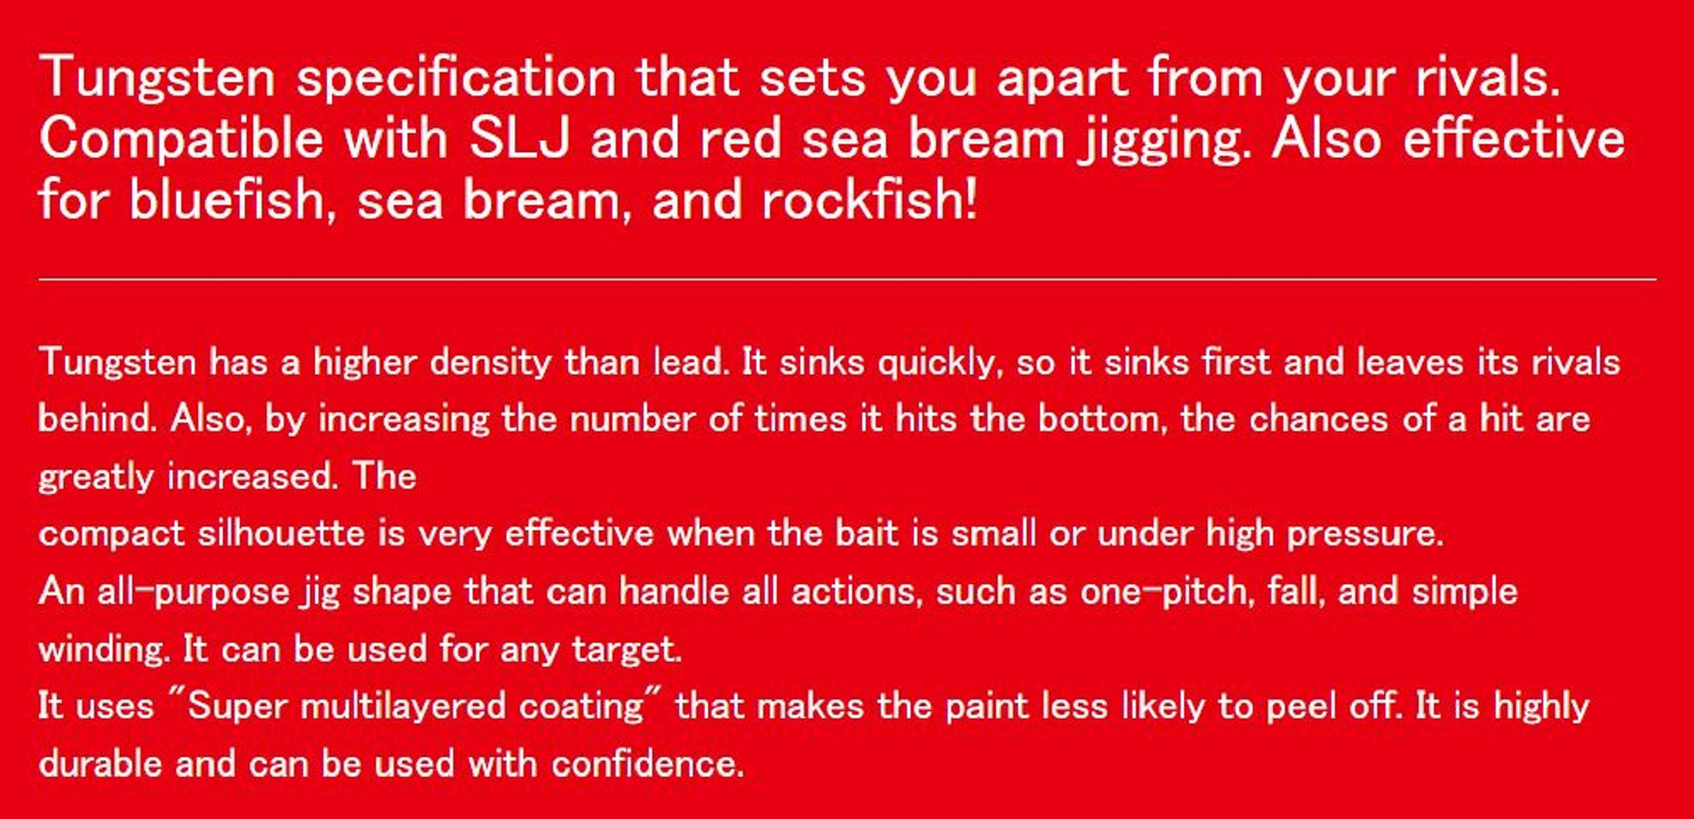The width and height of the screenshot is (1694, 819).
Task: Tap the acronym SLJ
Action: pyautogui.click(x=519, y=138)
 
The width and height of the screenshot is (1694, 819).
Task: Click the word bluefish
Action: pyautogui.click(x=227, y=200)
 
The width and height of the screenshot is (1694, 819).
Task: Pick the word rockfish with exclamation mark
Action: pyautogui.click(x=869, y=200)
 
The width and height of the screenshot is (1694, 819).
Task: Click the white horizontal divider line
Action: pyautogui.click(x=847, y=279)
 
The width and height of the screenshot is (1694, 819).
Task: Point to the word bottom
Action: pyautogui.click(x=1103, y=418)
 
